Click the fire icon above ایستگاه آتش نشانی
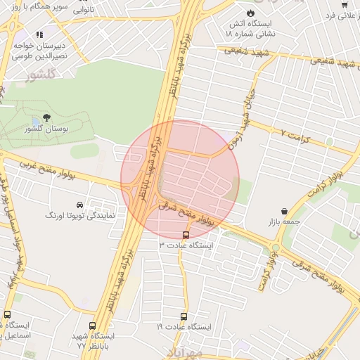pos(251,13)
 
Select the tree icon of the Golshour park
pos(47,117)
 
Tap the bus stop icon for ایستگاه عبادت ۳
pos(186,235)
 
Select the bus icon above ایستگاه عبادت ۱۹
pos(184,317)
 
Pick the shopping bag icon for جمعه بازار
pos(284,211)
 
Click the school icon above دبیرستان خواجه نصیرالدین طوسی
pos(39,34)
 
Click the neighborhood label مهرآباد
pos(186,351)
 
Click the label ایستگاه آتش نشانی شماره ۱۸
pos(251,27)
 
